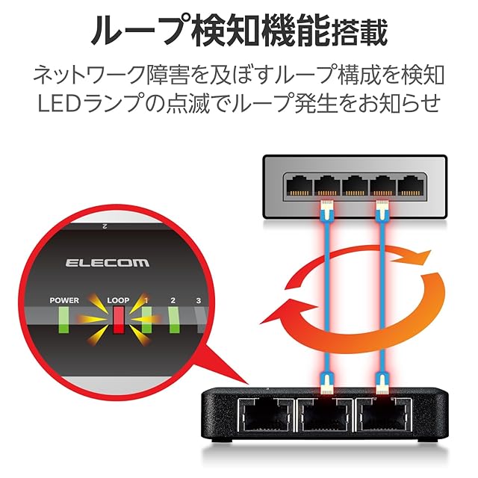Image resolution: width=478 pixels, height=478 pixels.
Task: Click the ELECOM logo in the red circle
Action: [108, 263]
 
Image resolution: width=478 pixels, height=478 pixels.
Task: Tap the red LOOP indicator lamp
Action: [119, 320]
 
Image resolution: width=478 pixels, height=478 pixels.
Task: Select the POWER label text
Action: [64, 300]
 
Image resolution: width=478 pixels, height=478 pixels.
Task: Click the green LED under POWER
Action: [64, 320]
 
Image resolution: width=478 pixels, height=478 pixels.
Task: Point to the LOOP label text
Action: [118, 300]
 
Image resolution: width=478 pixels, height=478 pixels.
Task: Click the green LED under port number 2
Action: [174, 320]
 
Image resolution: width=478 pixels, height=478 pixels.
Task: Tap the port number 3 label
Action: [199, 300]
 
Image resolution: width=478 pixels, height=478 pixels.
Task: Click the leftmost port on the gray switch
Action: [299, 186]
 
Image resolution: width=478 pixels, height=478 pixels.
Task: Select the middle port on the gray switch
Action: [356, 186]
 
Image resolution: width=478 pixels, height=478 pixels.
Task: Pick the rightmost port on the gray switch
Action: [411, 186]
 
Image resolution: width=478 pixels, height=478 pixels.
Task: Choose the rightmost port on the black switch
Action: [384, 415]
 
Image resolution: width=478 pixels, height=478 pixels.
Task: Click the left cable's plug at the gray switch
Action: [327, 210]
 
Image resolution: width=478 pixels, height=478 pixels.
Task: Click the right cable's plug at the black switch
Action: [382, 382]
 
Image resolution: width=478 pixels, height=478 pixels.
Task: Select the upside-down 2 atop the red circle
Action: [104, 226]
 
